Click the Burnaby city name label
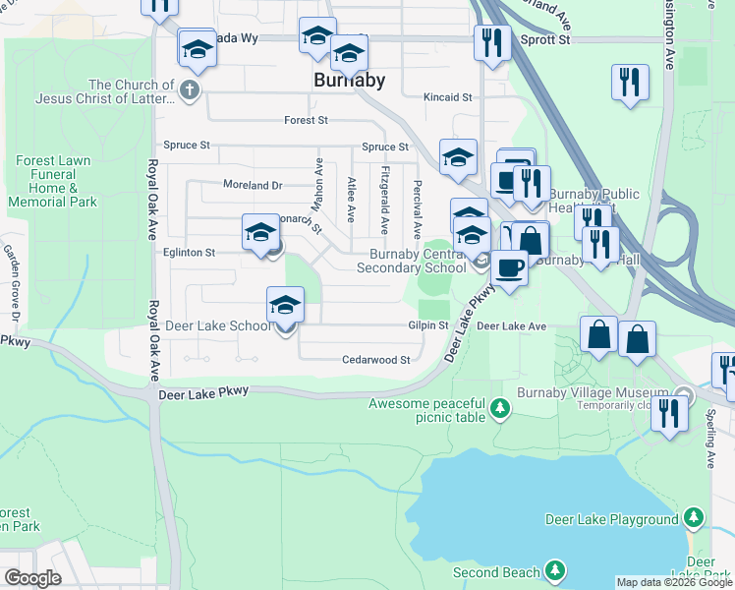tap(349, 80)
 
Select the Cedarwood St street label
tap(375, 360)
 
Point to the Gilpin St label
tap(428, 325)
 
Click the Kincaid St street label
tap(448, 97)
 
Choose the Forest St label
tap(306, 120)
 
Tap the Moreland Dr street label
tap(252, 185)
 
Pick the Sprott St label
tap(545, 40)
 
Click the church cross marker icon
tap(190, 91)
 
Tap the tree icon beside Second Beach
tap(555, 571)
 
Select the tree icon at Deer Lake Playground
tap(695, 518)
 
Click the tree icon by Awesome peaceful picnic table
tap(500, 407)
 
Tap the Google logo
tap(32, 578)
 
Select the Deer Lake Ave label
tap(511, 325)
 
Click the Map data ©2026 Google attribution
tap(674, 582)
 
